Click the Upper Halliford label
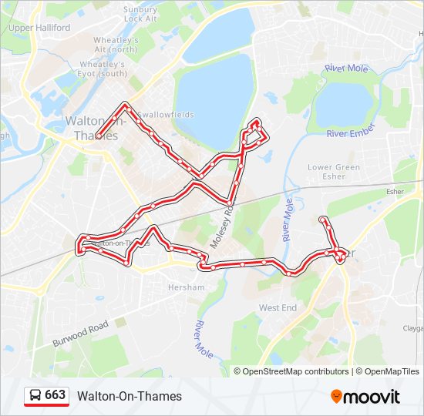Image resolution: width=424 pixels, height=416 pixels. click(39, 28)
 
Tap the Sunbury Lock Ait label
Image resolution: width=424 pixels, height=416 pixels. click(141, 13)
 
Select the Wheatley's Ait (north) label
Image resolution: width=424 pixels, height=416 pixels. click(115, 45)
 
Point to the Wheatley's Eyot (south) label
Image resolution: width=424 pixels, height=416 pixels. click(103, 69)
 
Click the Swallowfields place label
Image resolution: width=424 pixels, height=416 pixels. click(166, 115)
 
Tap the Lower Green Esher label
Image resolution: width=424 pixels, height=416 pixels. click(334, 172)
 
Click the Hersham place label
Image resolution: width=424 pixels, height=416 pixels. click(187, 287)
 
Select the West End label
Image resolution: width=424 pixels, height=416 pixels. click(278, 307)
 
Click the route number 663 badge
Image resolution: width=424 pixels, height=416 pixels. click(55, 395)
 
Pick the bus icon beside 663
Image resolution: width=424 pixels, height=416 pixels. click(35, 395)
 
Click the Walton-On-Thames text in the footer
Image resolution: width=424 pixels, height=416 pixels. click(130, 396)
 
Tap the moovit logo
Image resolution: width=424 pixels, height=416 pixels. click(365, 397)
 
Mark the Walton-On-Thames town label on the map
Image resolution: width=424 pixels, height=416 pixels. click(96, 128)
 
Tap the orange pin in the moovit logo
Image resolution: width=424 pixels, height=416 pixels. click(337, 397)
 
